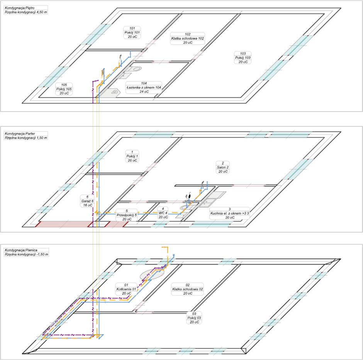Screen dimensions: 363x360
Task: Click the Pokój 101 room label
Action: (132, 32)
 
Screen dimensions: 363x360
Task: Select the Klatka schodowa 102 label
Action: (188, 38)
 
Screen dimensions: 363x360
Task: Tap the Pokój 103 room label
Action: (243, 58)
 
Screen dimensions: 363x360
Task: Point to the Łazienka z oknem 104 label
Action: (144, 88)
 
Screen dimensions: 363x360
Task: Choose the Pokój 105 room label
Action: (64, 89)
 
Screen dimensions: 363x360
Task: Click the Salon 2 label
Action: (223, 167)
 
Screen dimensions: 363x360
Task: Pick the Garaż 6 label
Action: (88, 201)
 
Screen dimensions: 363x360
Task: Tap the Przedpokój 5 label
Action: (127, 215)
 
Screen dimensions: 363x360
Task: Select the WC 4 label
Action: (163, 213)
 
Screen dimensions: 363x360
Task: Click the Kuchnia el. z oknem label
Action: (230, 213)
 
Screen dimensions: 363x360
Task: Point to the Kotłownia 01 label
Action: (126, 289)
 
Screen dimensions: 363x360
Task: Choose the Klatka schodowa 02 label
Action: (188, 289)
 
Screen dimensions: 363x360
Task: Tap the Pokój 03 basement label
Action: (194, 318)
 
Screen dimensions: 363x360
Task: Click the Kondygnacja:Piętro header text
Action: (20, 8)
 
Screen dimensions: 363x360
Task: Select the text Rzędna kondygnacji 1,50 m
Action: (26, 138)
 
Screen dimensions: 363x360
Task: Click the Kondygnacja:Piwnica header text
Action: (21, 250)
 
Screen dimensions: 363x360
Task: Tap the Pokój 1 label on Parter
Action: (132, 156)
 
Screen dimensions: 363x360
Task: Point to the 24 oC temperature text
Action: (144, 92)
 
